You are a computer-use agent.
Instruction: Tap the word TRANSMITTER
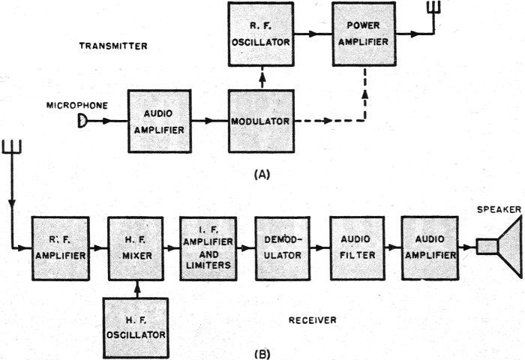click(113, 46)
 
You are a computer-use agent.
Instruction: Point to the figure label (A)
click(262, 173)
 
